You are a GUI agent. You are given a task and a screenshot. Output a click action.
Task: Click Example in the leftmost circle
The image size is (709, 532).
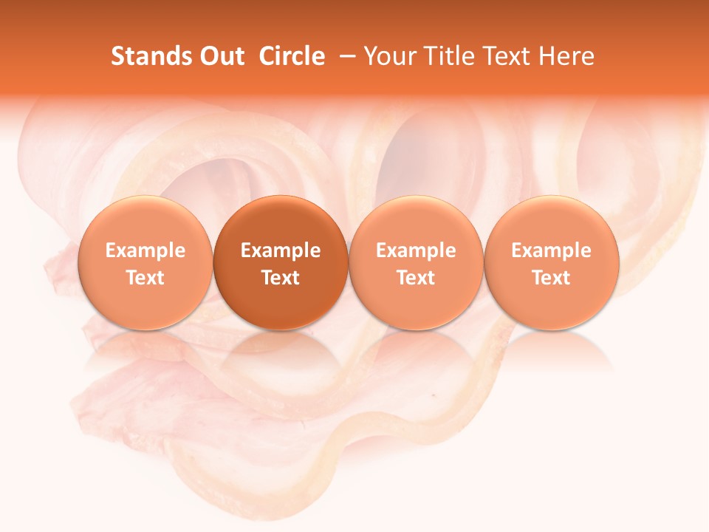click(x=145, y=250)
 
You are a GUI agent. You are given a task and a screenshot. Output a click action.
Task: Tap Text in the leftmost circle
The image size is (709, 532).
click(x=145, y=278)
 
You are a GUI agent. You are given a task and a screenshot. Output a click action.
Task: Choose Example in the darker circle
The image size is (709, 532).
click(x=281, y=250)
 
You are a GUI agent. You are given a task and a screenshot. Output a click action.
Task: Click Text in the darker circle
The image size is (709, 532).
click(x=281, y=278)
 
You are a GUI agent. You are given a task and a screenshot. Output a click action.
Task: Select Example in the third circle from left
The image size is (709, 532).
click(x=416, y=250)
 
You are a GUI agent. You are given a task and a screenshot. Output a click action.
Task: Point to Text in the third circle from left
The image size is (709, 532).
click(x=416, y=278)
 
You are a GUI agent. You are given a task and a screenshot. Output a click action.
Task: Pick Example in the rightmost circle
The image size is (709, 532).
click(x=552, y=250)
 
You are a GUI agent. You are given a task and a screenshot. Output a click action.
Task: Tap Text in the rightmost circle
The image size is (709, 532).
click(x=552, y=278)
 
